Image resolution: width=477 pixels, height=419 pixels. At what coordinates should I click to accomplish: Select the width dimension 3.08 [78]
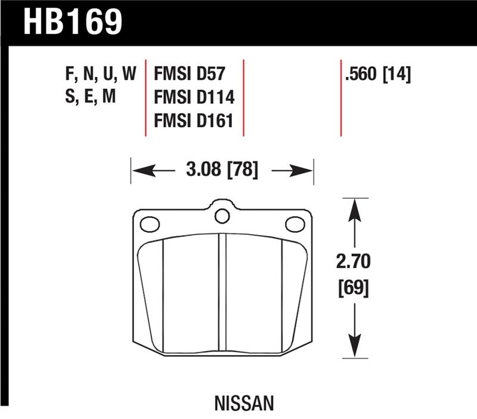[x=222, y=171]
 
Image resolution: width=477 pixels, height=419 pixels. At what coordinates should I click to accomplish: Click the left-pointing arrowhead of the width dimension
[x=139, y=171]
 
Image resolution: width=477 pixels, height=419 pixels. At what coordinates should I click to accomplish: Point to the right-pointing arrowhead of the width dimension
[x=306, y=171]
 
